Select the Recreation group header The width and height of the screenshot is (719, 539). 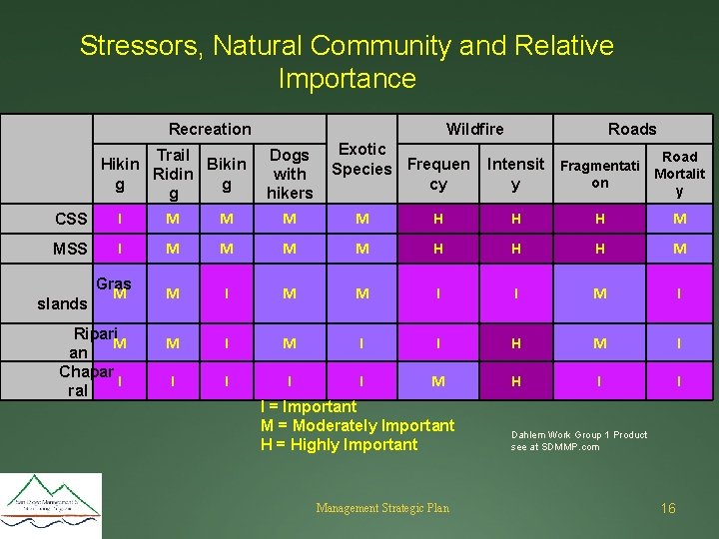click(x=210, y=129)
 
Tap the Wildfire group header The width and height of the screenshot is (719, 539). click(x=474, y=129)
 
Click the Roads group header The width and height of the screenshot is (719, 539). click(x=632, y=129)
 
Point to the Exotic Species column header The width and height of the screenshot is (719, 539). click(x=361, y=160)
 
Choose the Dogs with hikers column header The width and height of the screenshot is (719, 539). click(x=290, y=173)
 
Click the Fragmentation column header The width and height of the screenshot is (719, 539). click(x=599, y=174)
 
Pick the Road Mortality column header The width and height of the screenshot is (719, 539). click(x=679, y=173)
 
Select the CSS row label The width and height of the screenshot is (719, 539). click(x=71, y=219)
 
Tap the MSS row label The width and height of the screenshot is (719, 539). click(x=71, y=249)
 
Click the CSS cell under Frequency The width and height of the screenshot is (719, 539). click(x=437, y=219)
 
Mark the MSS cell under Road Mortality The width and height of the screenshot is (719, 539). click(x=679, y=249)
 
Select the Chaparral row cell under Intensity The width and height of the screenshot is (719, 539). click(x=515, y=380)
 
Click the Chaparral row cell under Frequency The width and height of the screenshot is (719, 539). click(x=437, y=380)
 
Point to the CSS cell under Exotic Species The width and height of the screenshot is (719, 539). click(x=361, y=219)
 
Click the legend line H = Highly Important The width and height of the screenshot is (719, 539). click(x=339, y=444)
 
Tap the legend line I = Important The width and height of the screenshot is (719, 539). click(x=308, y=406)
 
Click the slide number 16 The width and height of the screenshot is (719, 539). click(x=668, y=508)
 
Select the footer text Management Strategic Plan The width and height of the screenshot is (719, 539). click(x=382, y=508)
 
